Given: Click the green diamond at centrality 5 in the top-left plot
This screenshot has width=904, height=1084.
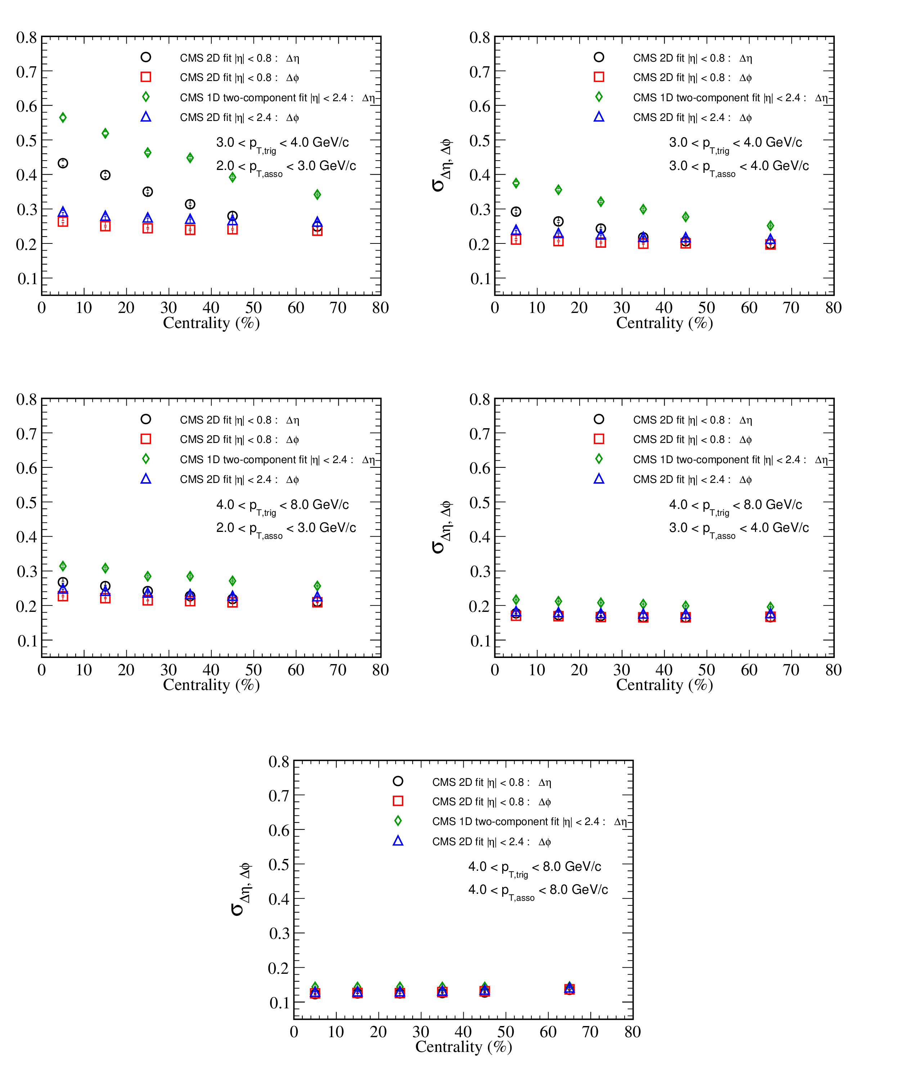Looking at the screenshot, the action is point(63,118).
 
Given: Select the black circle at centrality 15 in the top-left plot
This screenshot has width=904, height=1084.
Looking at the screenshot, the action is point(105,175).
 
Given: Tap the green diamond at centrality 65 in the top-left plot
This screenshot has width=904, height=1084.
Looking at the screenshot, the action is point(317,194).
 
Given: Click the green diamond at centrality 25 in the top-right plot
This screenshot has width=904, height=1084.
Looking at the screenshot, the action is point(601,202).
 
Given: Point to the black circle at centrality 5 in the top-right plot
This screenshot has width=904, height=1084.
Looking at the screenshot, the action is point(516,212).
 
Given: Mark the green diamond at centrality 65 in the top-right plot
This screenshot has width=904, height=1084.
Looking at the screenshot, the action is point(770,225).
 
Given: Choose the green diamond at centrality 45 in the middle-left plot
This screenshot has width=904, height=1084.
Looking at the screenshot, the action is point(233,581).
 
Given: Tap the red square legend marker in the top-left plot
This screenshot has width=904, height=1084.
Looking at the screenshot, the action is point(146,77).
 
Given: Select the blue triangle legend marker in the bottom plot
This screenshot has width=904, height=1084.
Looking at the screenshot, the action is point(398,841).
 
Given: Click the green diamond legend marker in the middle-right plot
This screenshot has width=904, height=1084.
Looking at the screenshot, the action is point(599,459).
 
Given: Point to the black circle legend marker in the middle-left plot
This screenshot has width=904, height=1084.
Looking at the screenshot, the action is point(146,419).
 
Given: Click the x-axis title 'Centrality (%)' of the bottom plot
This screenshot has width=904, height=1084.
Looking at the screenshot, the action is point(464,1047).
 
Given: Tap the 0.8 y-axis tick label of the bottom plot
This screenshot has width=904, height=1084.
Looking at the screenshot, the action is point(279,761).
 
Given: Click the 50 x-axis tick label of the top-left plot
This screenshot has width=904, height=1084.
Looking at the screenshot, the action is point(253,308).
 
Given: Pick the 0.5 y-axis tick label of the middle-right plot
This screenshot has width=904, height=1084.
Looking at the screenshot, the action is point(480,503).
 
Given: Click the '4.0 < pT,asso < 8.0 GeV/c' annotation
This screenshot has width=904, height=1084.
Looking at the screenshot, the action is point(538,890).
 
